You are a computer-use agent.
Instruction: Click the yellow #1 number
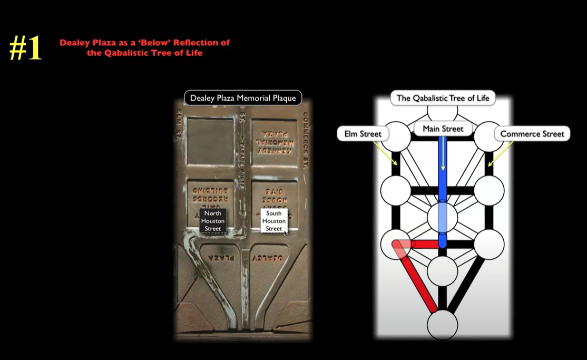(x=25, y=48)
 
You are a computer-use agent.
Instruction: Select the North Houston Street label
(x=212, y=221)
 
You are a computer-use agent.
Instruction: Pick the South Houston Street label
(x=273, y=221)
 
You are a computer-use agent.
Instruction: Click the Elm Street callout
(x=362, y=134)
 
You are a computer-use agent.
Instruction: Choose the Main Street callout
(x=443, y=129)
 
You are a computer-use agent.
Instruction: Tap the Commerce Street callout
(x=532, y=134)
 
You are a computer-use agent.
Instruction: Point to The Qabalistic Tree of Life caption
(x=443, y=98)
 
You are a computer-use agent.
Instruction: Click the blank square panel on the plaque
(x=211, y=141)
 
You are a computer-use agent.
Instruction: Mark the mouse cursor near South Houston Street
(x=286, y=232)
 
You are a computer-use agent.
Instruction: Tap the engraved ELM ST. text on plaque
(x=179, y=124)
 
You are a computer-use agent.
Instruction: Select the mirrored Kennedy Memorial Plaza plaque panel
(x=273, y=142)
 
